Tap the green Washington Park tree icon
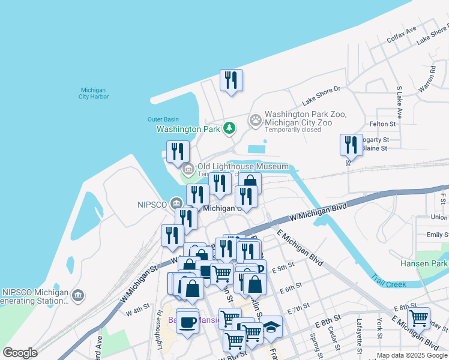pos(229,128)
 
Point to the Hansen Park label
pos(424,264)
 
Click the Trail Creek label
pos(388,281)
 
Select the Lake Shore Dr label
pos(321,95)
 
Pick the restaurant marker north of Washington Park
pos(231,80)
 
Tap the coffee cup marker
pos(187,322)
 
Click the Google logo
pos(20,353)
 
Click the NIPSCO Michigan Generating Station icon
pos(78,295)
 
